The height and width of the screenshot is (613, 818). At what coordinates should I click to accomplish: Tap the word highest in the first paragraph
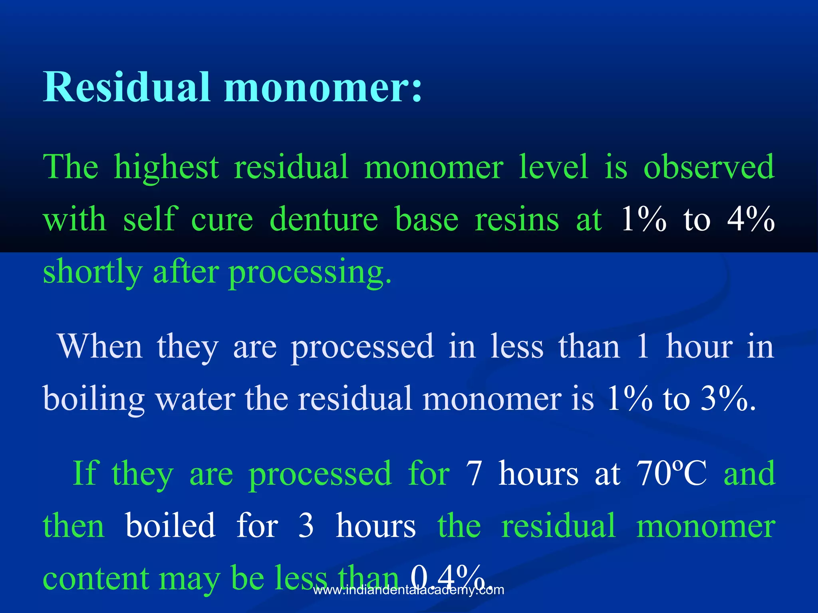click(166, 167)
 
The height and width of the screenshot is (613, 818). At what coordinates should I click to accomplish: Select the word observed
click(709, 167)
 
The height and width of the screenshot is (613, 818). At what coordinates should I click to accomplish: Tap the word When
click(100, 346)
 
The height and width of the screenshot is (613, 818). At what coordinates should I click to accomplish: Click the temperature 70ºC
click(671, 473)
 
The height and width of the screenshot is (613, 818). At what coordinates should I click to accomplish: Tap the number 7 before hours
click(474, 473)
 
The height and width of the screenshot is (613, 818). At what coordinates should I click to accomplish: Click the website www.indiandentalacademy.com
click(409, 590)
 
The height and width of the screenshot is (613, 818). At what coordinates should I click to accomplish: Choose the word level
click(554, 167)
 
